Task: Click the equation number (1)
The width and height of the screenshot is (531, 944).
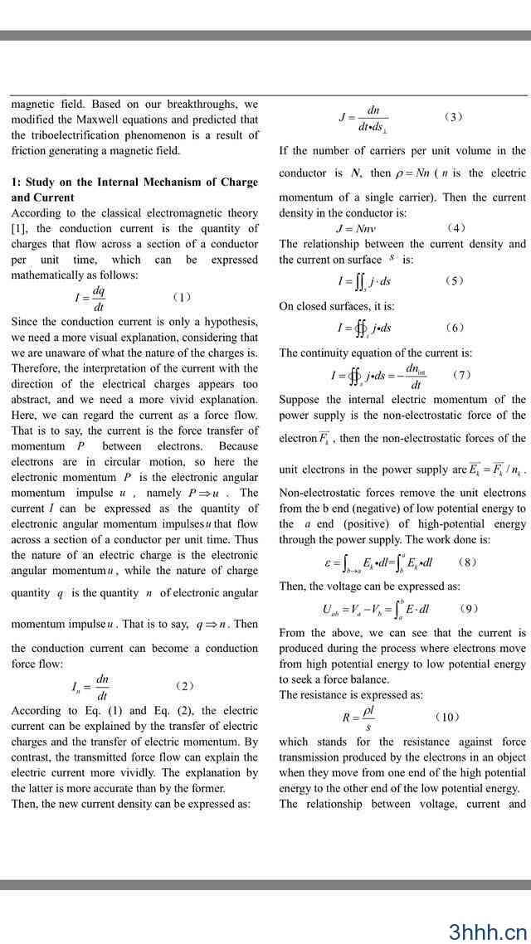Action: click(x=182, y=297)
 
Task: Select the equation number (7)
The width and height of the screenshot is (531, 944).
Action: click(x=462, y=375)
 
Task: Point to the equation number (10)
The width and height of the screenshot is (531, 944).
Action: click(x=446, y=718)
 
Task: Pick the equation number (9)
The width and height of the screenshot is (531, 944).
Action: click(x=468, y=609)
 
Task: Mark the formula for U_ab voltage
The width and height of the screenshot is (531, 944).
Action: click(x=376, y=610)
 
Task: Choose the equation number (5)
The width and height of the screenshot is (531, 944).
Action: click(x=454, y=281)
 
